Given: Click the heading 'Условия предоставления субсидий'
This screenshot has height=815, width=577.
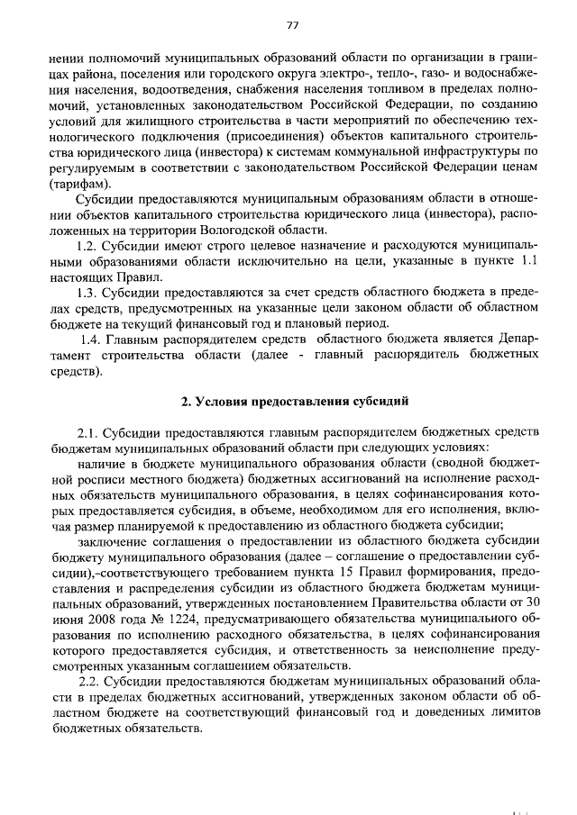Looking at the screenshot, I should pos(295,397).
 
